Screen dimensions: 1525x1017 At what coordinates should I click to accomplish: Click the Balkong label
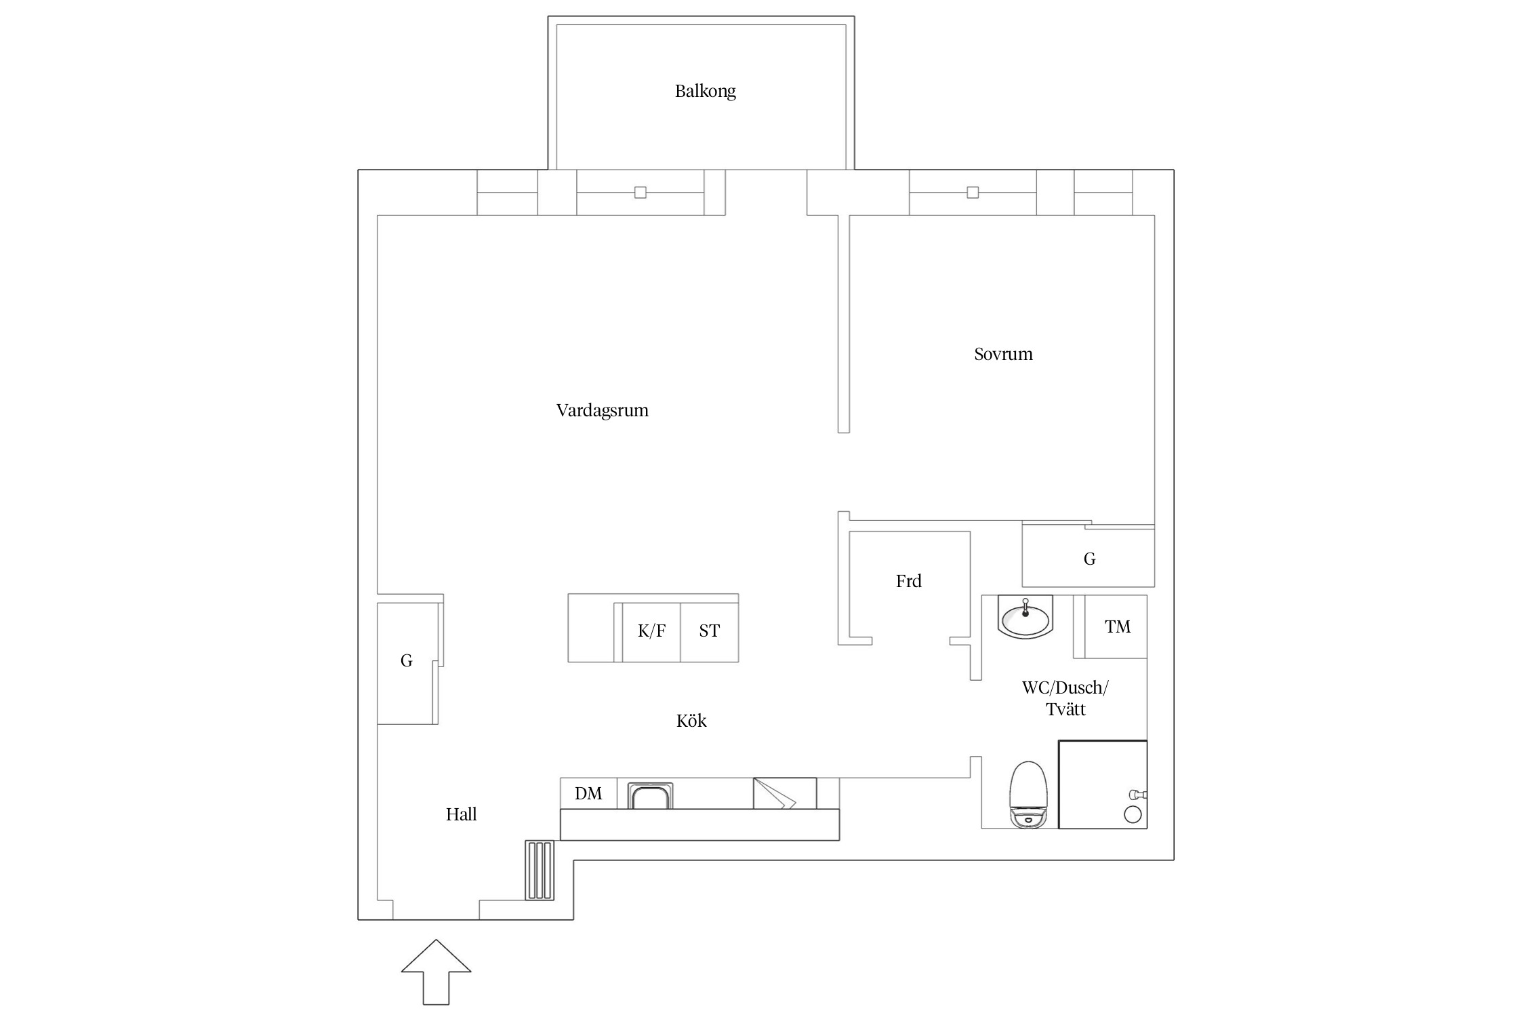[705, 92]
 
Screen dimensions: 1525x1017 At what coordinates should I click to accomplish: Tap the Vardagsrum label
[603, 411]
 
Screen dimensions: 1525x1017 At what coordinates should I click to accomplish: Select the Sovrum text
[1003, 354]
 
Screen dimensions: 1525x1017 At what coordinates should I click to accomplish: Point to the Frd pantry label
[908, 581]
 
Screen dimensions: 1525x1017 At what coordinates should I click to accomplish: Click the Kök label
[691, 720]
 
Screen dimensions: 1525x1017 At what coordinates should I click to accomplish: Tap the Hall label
[461, 814]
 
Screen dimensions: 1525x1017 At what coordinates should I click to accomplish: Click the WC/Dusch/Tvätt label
[1065, 698]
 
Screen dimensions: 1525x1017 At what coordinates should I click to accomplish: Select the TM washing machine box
[1116, 626]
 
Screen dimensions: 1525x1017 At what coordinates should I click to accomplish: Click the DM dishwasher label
[588, 793]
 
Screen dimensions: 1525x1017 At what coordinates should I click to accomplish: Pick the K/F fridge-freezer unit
[651, 632]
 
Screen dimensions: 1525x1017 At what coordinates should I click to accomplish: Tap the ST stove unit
[710, 632]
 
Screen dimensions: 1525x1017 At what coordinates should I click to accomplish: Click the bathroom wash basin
[1025, 617]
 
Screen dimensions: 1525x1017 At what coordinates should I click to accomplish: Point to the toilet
[1028, 794]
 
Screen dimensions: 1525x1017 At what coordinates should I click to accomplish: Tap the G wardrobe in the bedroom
[1088, 558]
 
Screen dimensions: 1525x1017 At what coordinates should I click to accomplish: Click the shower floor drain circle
[1133, 814]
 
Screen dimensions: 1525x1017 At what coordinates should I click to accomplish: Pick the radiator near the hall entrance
[540, 870]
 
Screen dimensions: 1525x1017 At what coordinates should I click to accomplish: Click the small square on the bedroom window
[973, 193]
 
